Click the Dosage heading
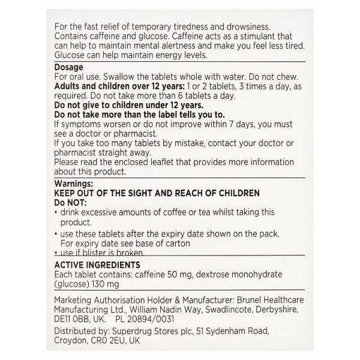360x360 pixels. [68, 68]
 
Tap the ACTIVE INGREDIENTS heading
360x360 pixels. [97, 264]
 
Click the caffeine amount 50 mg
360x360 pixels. [199, 273]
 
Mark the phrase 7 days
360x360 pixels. [240, 125]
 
